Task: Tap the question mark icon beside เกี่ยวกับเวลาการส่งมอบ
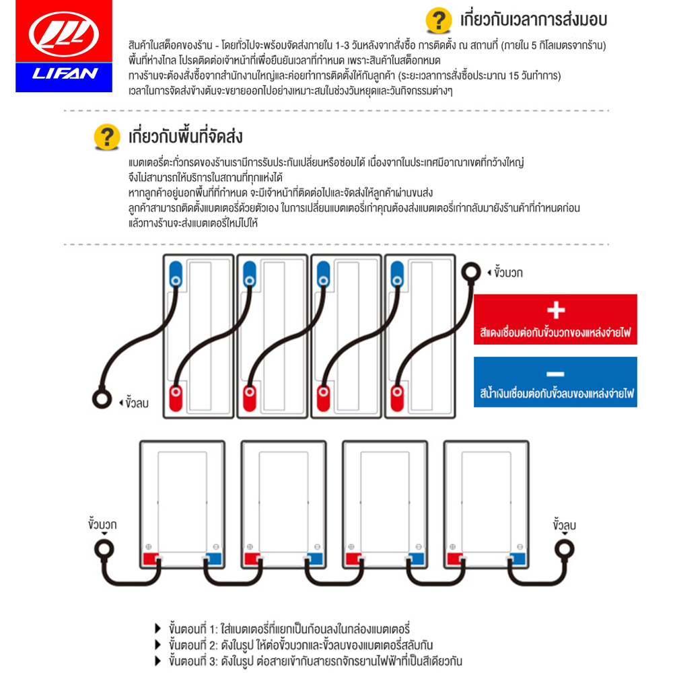tap(439, 20)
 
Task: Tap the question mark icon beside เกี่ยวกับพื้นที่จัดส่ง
tap(106, 137)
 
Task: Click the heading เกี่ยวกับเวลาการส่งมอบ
tap(532, 20)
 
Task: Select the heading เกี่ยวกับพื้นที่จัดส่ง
tap(186, 138)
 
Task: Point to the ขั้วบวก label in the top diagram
tap(508, 273)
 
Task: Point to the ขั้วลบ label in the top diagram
tap(135, 403)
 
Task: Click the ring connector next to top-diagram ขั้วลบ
tap(102, 399)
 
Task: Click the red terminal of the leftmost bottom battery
tap(150, 559)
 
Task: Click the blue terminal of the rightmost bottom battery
tap(517, 559)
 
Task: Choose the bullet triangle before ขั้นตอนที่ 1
tap(158, 628)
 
